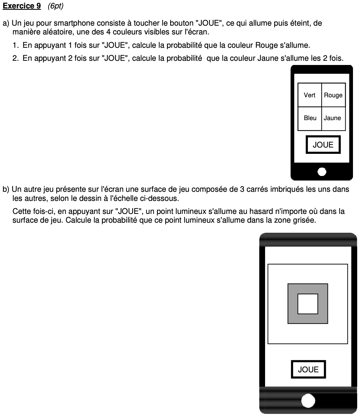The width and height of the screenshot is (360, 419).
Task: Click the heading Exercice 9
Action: tap(21, 6)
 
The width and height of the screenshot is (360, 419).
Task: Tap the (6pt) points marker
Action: tap(55, 6)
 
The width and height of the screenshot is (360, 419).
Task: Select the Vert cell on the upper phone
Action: tap(309, 95)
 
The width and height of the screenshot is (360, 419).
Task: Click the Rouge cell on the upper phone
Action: tap(333, 95)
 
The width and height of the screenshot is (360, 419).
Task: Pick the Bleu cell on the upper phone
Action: tap(310, 118)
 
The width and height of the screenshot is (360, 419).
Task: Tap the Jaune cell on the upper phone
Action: tap(333, 118)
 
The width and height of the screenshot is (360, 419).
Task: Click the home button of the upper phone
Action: tap(322, 171)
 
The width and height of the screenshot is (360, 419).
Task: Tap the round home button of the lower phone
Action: tap(308, 401)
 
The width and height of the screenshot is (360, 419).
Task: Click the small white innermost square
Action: tap(308, 304)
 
